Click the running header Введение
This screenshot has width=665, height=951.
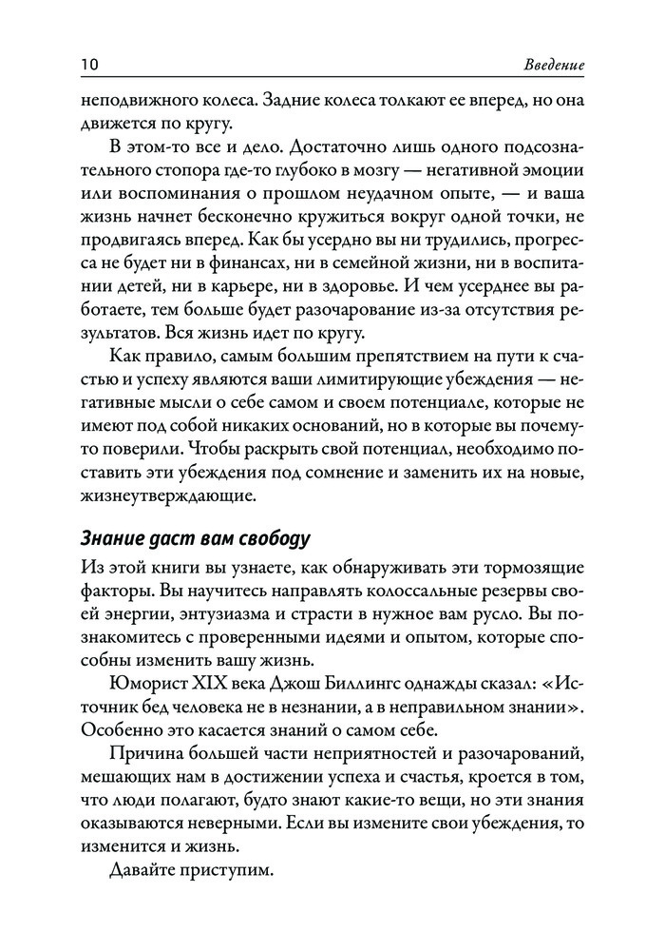coord(554,66)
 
